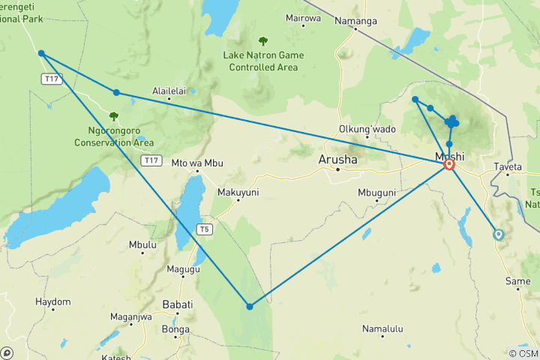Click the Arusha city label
[x=338, y=159]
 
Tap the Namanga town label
[x=355, y=21]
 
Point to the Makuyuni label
[x=238, y=193]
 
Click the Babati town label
[x=178, y=304]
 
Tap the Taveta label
[x=508, y=166]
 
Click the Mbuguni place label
[x=376, y=193]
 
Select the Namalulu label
[x=382, y=328]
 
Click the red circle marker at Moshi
[x=449, y=164]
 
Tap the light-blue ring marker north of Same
[x=498, y=234]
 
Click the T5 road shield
[x=204, y=229]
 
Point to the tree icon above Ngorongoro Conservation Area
[x=113, y=116]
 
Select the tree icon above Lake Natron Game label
[x=262, y=41]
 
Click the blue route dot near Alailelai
[x=116, y=92]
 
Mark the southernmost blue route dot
[x=250, y=306]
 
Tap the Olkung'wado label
[x=367, y=129]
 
